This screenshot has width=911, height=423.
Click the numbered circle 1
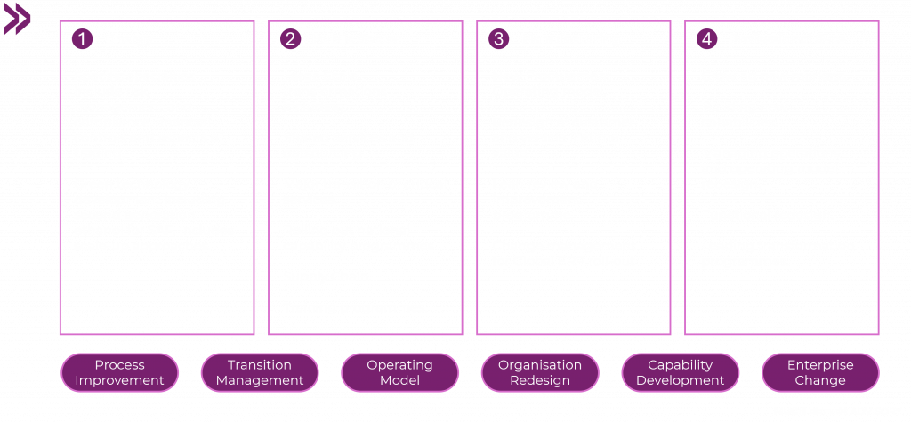(82, 39)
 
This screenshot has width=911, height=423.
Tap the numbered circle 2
(291, 39)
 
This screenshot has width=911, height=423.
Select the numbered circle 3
(498, 39)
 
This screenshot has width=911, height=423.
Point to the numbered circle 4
(706, 39)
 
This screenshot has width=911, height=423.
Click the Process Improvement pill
(120, 372)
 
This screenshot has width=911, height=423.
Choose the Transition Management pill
(260, 372)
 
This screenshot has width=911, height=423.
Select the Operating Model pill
(399, 372)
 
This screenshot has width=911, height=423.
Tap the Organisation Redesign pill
(540, 372)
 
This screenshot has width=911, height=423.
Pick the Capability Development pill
(681, 372)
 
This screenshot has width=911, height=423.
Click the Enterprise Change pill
(820, 372)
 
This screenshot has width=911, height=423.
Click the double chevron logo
(17, 19)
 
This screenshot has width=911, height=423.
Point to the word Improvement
(120, 380)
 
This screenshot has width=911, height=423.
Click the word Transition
(260, 365)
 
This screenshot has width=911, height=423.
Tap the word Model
(399, 380)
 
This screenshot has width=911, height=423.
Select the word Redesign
(540, 381)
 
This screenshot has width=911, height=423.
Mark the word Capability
(681, 365)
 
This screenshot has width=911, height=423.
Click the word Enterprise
(820, 365)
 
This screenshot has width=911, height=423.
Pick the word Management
(260, 381)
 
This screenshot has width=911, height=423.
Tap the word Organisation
(540, 365)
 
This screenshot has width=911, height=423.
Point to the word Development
(681, 381)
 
